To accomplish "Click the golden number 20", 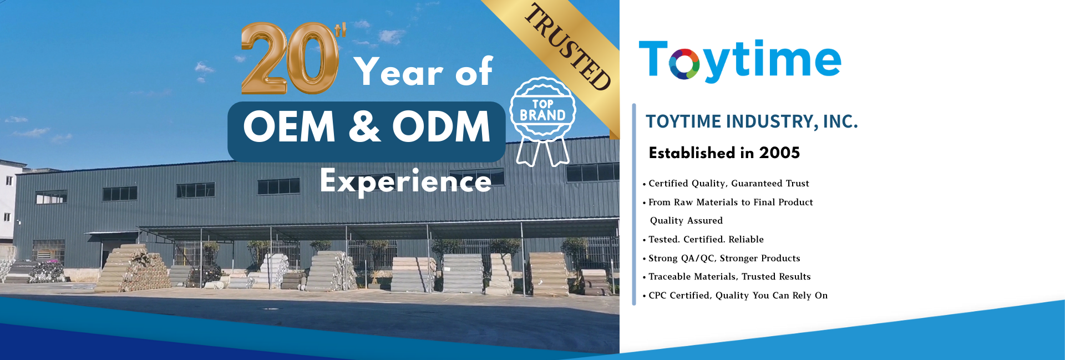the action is click(x=290, y=58).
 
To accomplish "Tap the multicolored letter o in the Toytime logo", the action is click(x=683, y=64).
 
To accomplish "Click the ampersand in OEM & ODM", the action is click(x=364, y=126).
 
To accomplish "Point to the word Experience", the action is click(x=405, y=181).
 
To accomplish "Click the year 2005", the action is click(x=779, y=153).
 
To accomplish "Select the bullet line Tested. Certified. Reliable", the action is click(x=703, y=240).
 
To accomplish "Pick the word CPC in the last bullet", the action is click(x=657, y=296).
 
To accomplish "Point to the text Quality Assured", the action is click(x=686, y=221).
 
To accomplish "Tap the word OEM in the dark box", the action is click(x=289, y=126).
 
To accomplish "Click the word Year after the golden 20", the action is click(x=399, y=72).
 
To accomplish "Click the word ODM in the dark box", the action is click(x=441, y=126).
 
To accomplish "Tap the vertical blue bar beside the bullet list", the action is click(x=634, y=204).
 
